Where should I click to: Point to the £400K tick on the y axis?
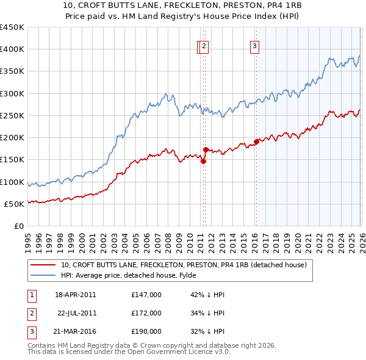point(12,49)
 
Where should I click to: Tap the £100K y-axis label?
point(12,182)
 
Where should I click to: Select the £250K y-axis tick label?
point(12,116)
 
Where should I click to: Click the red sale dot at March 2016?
point(256,142)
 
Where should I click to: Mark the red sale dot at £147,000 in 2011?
point(203,161)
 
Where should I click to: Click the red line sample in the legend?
point(43,265)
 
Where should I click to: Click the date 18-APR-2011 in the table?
point(76,295)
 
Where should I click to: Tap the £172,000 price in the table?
point(146,314)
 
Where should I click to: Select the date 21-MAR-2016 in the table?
point(76,333)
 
